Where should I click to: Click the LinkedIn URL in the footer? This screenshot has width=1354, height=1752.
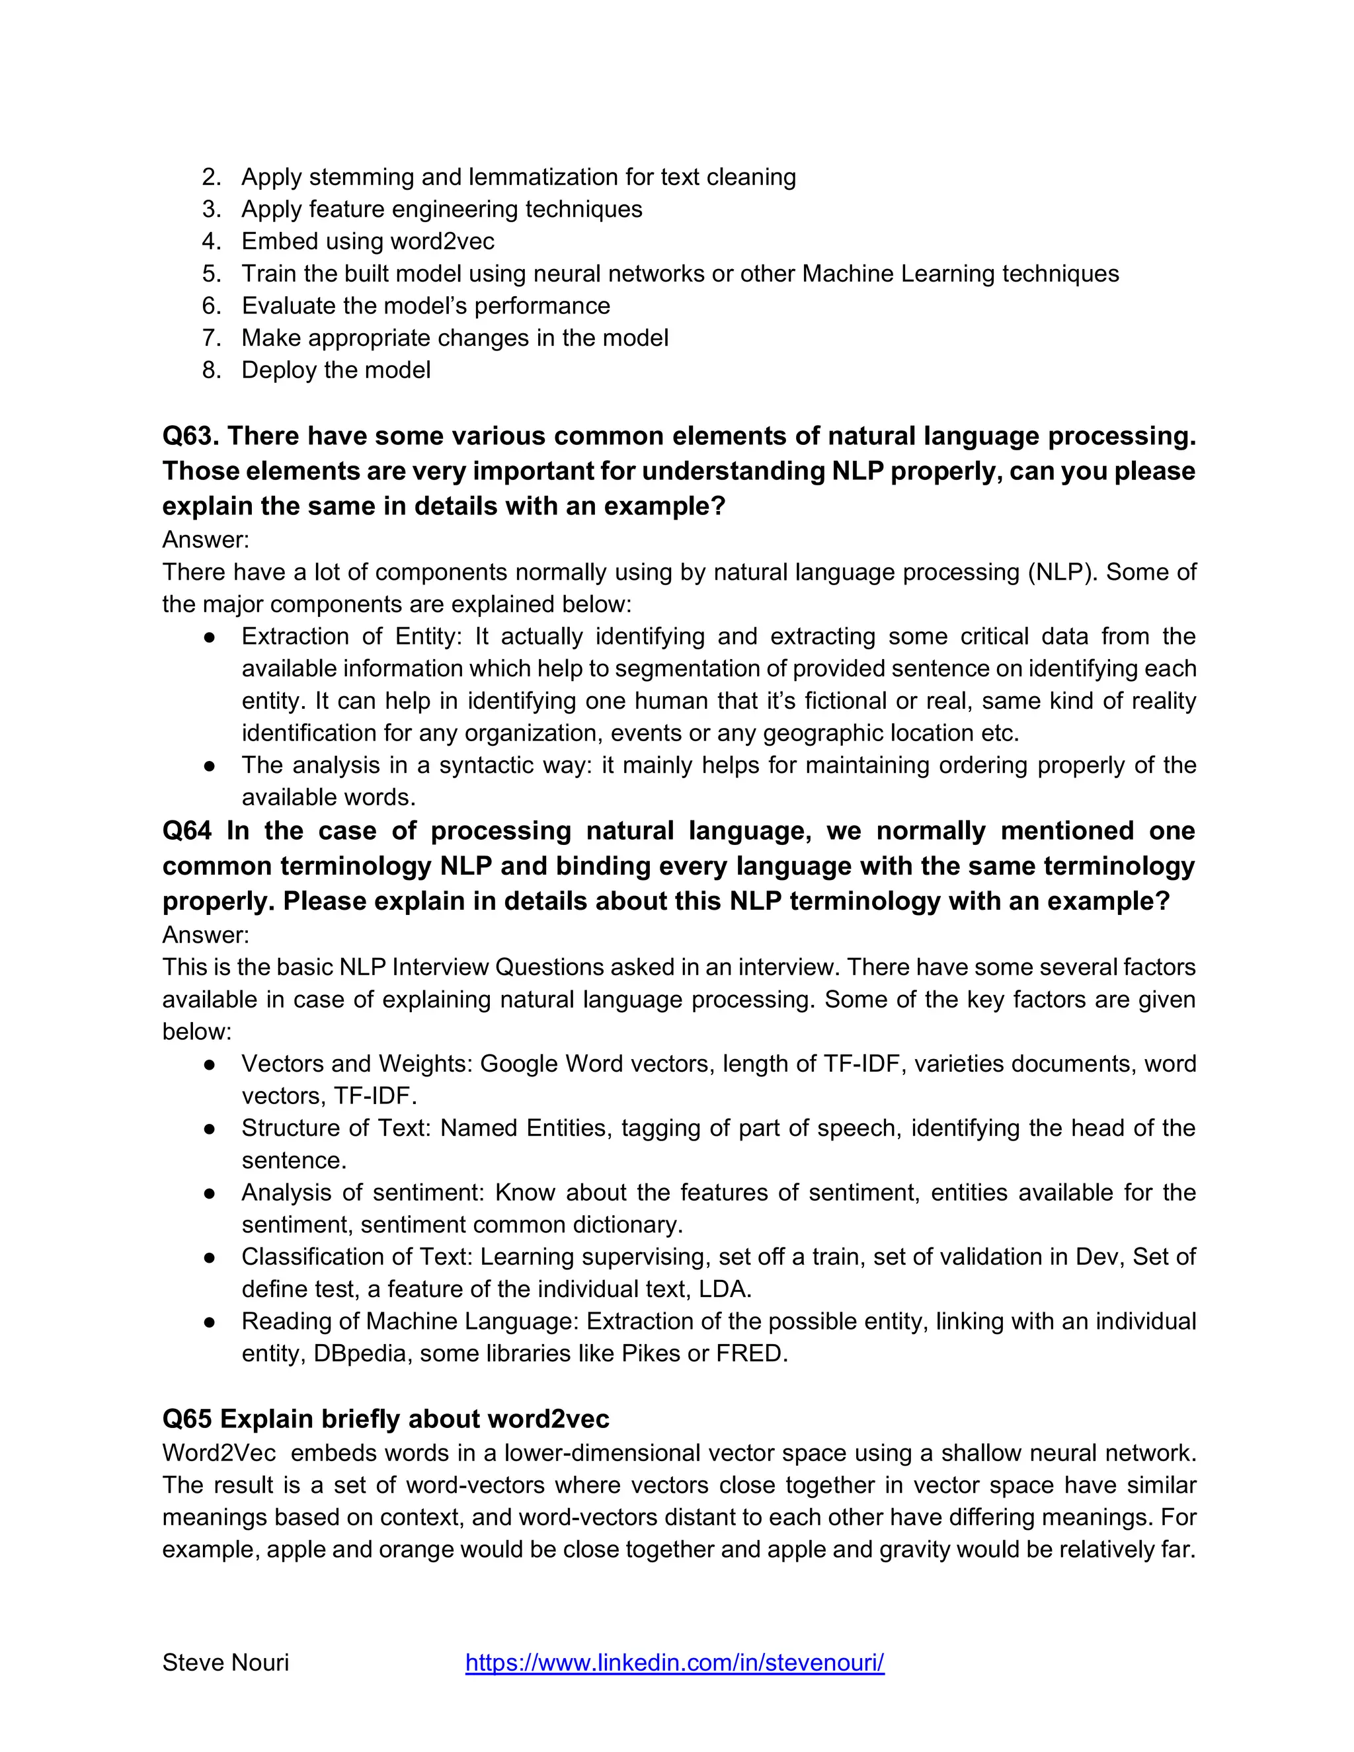click(674, 1663)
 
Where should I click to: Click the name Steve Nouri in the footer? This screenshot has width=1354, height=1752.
click(225, 1663)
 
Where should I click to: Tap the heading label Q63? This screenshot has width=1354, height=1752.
click(190, 436)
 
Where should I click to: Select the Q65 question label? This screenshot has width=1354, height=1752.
click(187, 1419)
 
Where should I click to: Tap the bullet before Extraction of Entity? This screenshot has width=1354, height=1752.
click(210, 637)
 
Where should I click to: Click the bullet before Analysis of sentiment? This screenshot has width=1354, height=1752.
click(210, 1193)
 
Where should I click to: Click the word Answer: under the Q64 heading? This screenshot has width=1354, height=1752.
click(206, 935)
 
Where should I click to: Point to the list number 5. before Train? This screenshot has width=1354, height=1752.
click(211, 274)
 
